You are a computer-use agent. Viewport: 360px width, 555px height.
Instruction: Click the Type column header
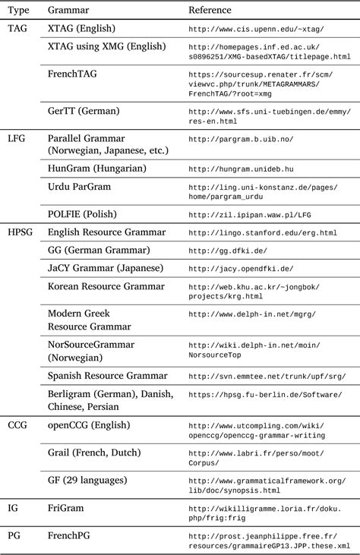[18, 10]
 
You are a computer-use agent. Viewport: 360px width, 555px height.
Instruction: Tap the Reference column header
[210, 10]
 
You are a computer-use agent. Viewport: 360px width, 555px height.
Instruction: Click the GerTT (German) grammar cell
[84, 111]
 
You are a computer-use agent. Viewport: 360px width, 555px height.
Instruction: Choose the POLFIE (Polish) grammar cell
[84, 214]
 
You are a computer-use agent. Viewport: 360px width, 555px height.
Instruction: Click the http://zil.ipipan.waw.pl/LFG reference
[249, 215]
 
